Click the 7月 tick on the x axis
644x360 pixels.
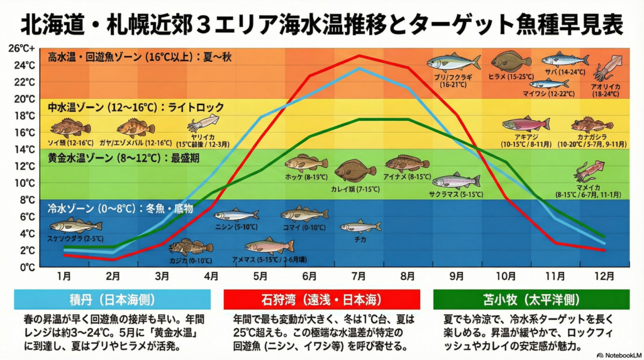358,276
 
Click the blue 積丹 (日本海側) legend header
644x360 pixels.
112,299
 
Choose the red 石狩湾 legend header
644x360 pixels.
321,299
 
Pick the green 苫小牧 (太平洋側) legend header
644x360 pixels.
531,299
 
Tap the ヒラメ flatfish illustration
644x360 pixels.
511,61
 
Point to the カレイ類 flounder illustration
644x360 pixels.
355,171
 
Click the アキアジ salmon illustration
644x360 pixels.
525,124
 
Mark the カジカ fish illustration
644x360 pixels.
191,246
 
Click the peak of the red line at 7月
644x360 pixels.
359,55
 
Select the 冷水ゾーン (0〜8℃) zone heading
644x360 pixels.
120,208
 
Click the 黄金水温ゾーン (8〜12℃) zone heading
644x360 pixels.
123,158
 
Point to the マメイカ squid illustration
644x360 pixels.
591,170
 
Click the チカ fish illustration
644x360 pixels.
360,226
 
